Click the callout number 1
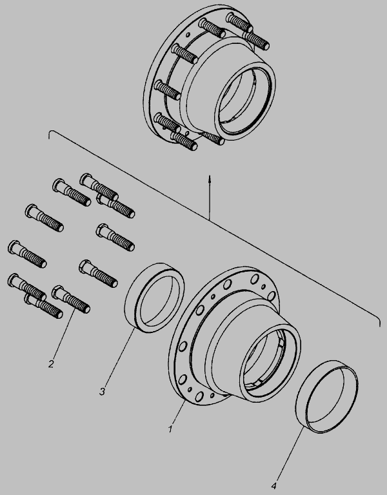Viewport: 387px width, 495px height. pos(170,429)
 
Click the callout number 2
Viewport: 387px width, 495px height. pos(51,364)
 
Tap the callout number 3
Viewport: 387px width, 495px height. pos(102,392)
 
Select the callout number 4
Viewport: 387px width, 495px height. pos(273,485)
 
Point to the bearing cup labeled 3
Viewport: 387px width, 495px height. pos(154,298)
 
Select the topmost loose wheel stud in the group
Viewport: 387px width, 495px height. pos(99,187)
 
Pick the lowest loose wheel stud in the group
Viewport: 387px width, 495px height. pos(43,307)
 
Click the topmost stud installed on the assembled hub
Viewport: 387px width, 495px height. pos(239,23)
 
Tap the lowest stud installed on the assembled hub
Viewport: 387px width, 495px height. pos(184,141)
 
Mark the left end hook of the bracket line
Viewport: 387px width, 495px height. pos(50,133)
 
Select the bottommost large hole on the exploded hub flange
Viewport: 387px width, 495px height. pos(199,396)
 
